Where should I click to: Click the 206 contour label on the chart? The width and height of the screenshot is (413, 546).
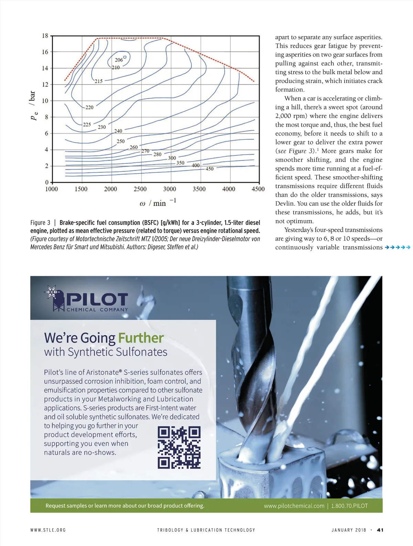coord(119,60)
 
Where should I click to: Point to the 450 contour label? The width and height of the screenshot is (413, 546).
coord(209,169)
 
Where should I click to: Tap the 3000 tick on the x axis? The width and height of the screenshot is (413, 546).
coord(170,189)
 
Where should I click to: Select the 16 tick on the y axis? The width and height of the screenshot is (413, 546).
coord(45,52)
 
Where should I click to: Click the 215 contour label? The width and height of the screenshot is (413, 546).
coord(98,81)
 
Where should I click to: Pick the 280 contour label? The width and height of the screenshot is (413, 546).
coord(157,154)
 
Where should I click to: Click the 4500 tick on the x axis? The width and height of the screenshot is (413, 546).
coord(258,189)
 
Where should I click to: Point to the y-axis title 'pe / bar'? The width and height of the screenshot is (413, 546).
coord(33,105)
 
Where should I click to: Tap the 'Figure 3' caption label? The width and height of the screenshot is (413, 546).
coord(40,222)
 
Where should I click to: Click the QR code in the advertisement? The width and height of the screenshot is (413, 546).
coord(179,447)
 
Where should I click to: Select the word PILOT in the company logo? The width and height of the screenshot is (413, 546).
coord(97,299)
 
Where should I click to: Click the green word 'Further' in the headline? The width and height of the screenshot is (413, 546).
coord(141,338)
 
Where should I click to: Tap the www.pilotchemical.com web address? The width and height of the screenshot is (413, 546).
coord(294,506)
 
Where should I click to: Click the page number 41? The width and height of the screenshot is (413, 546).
coord(380,530)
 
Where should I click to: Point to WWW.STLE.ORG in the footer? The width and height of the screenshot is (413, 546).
coord(48,530)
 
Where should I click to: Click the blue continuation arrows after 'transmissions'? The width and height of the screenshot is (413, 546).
coord(398,247)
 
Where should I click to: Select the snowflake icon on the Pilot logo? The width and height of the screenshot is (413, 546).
coord(52,292)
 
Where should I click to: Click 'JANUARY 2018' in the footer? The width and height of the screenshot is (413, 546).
coord(349,530)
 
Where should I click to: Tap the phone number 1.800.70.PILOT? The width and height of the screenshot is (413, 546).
coord(349,506)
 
